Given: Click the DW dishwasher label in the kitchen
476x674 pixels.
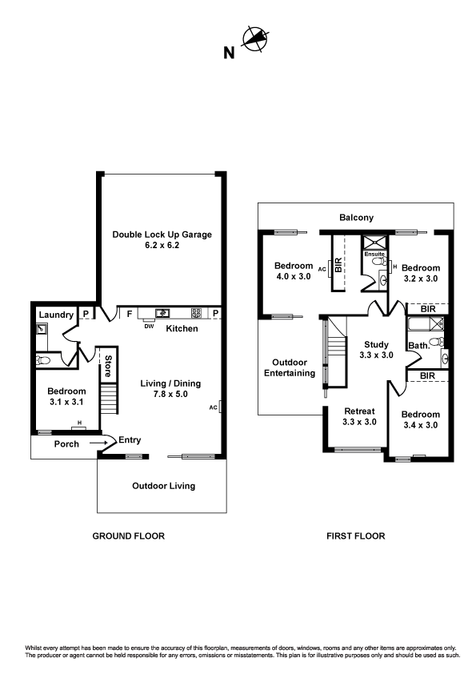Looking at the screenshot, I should pyautogui.click(x=148, y=326).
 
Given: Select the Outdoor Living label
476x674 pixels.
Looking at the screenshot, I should pyautogui.click(x=163, y=486).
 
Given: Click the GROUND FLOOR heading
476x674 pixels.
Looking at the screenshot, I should pyautogui.click(x=129, y=536).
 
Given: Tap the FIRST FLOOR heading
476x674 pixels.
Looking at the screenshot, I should pyautogui.click(x=356, y=536).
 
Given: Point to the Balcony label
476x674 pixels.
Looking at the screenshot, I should pyautogui.click(x=356, y=218).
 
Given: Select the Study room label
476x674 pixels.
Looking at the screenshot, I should pyautogui.click(x=375, y=344).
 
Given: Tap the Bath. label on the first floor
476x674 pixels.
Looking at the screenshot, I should pyautogui.click(x=419, y=346).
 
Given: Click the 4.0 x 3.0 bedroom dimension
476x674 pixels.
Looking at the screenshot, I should pyautogui.click(x=294, y=277).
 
